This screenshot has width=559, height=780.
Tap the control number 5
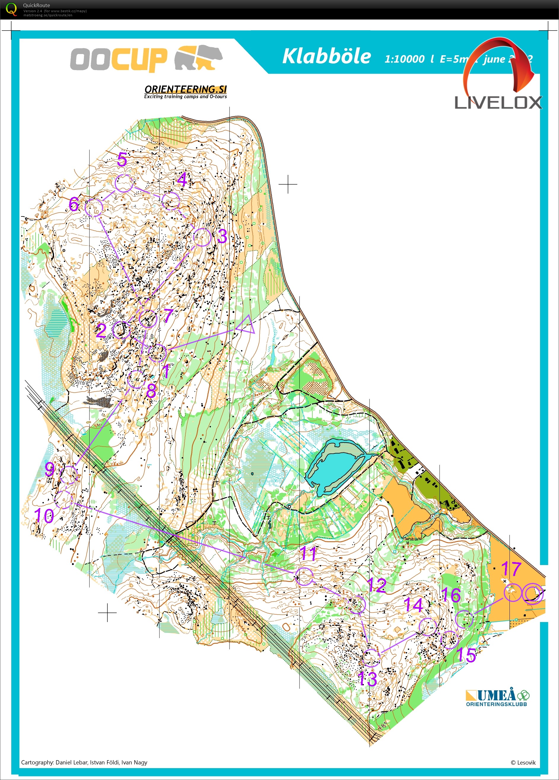(122, 159)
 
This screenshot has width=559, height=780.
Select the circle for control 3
(202, 237)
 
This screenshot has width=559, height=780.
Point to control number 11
(308, 553)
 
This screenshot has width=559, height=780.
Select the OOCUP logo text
(119, 59)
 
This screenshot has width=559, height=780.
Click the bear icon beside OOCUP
(199, 58)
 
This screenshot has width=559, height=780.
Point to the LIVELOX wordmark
(498, 102)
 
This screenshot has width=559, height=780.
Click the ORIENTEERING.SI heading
(186, 89)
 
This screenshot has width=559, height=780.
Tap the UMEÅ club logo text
(496, 695)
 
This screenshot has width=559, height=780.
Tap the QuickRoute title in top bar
(36, 5)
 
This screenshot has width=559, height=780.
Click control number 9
(50, 469)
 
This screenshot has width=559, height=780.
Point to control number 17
(511, 569)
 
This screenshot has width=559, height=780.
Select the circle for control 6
(94, 207)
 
